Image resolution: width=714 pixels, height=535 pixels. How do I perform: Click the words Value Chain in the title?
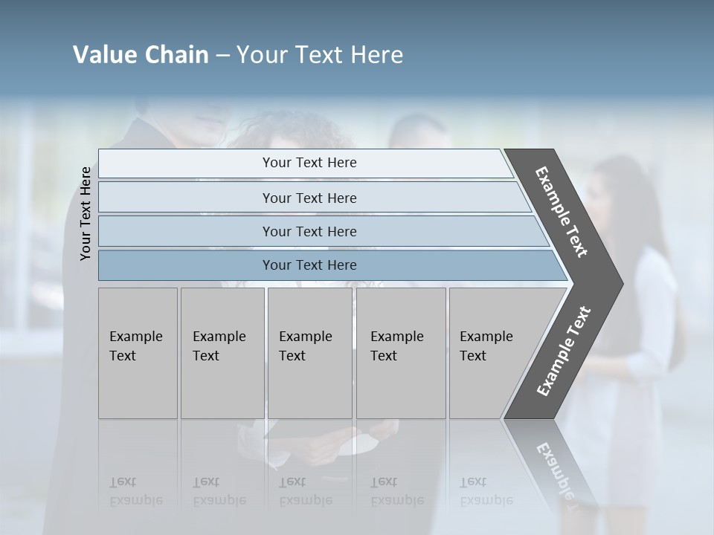click(141, 55)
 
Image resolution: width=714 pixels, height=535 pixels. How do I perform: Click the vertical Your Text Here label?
click(86, 213)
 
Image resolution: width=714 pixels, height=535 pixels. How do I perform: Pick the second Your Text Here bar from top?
click(309, 198)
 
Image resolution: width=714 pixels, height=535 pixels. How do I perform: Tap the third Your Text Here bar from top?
click(309, 231)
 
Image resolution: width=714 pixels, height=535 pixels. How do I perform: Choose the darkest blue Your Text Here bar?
click(309, 265)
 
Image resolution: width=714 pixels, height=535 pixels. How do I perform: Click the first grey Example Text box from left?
click(138, 353)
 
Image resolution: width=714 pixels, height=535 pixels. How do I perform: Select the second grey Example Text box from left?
click(222, 353)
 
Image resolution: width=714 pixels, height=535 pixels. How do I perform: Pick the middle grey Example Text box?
click(309, 353)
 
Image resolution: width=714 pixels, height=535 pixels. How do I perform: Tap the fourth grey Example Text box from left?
click(400, 353)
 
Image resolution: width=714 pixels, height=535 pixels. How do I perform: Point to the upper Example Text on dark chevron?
click(562, 212)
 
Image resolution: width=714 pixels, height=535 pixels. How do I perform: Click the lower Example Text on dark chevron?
click(564, 351)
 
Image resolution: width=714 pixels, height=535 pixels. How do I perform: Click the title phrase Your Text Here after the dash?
click(320, 55)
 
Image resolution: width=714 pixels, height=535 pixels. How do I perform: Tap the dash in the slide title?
click(222, 56)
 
